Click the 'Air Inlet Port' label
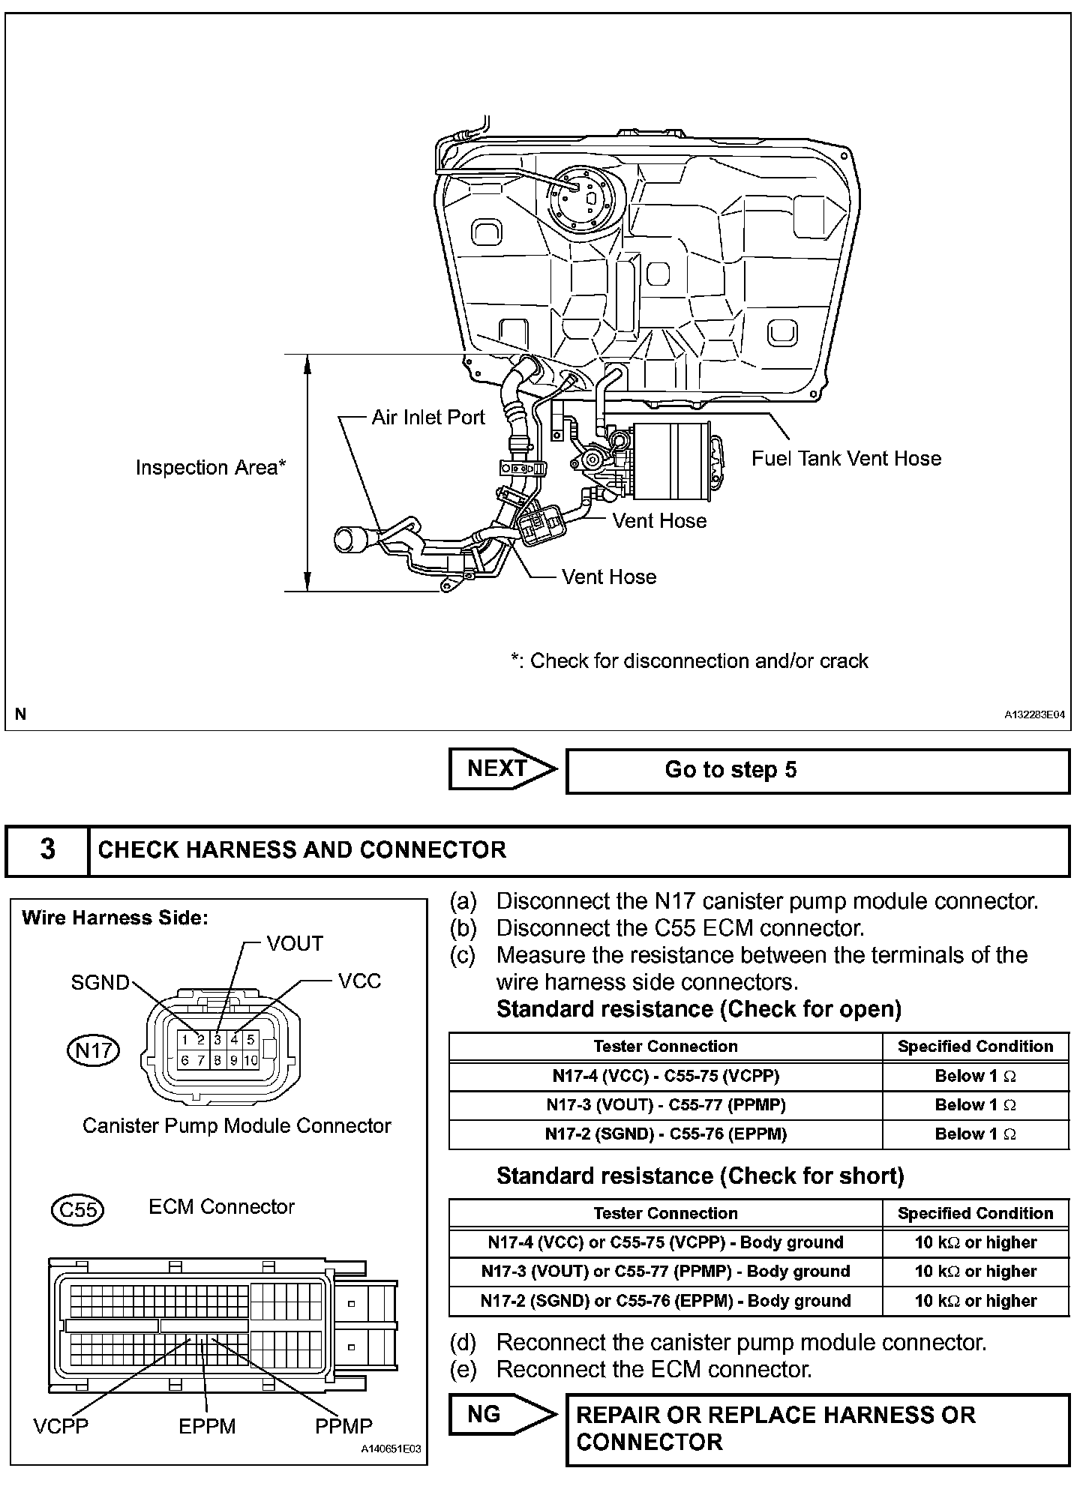pyautogui.click(x=428, y=418)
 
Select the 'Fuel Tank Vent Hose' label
pyautogui.click(x=846, y=458)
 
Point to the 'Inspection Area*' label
pyautogui.click(x=211, y=468)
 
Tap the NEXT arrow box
pyautogui.click(x=501, y=769)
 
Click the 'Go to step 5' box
pyautogui.click(x=817, y=771)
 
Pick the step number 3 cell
pyautogui.click(x=47, y=850)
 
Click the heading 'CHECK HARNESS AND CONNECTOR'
pyautogui.click(x=302, y=850)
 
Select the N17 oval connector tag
pyautogui.click(x=93, y=1050)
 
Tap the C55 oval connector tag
pyautogui.click(x=78, y=1210)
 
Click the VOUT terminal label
pyautogui.click(x=295, y=944)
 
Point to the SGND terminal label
pyautogui.click(x=100, y=982)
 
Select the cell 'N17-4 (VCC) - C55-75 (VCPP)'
pyautogui.click(x=665, y=1076)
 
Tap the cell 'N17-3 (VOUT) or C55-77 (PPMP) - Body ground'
pyautogui.click(x=665, y=1272)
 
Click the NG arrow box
pyautogui.click(x=501, y=1415)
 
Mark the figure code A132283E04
pyautogui.click(x=1034, y=715)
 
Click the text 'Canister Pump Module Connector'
pyautogui.click(x=236, y=1126)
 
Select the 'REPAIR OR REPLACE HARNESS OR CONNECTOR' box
pyautogui.click(x=817, y=1428)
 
